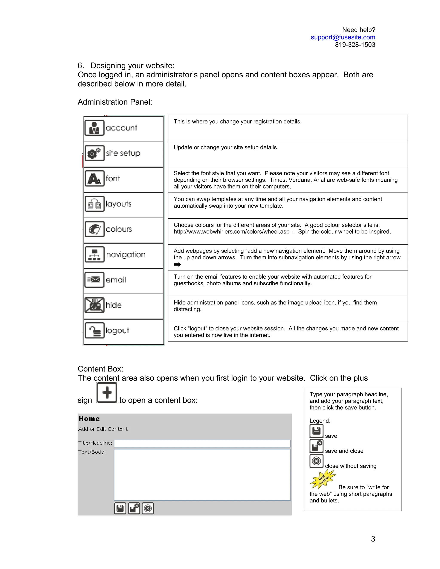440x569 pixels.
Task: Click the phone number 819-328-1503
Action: click(x=355, y=45)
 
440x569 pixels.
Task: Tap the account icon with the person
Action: click(x=94, y=128)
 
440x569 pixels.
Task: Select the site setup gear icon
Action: click(x=94, y=153)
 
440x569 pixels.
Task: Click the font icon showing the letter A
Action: click(x=94, y=178)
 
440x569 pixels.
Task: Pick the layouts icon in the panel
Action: click(x=94, y=204)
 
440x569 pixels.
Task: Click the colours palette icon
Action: click(x=94, y=229)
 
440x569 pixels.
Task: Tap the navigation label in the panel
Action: click(x=126, y=254)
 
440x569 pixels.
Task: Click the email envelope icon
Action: click(x=94, y=280)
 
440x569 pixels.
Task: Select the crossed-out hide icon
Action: click(x=94, y=305)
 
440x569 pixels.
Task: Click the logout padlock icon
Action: click(x=94, y=330)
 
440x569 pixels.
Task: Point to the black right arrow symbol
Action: click(x=177, y=265)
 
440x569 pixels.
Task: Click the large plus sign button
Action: click(x=107, y=393)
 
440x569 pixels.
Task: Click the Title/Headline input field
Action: click(x=202, y=443)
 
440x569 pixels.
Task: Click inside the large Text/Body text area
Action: click(x=202, y=475)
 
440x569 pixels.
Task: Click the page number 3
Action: click(x=373, y=539)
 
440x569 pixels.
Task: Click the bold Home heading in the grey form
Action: click(x=89, y=419)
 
